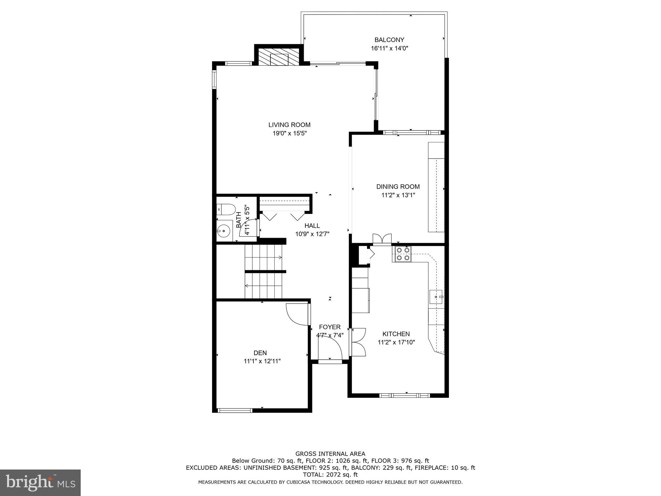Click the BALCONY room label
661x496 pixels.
tap(389, 40)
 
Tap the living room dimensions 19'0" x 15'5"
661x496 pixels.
tap(289, 133)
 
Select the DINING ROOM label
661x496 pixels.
tap(398, 187)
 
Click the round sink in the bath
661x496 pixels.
tap(223, 231)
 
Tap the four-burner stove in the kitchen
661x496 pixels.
tap(402, 254)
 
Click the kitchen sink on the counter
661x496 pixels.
tap(436, 297)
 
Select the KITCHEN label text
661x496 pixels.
tap(396, 334)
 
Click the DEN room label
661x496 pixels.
tap(260, 353)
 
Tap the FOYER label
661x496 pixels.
tap(330, 327)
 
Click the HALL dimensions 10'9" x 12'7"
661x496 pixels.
tap(312, 234)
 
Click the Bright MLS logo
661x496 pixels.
tap(40, 482)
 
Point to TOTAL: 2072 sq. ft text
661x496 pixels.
tap(330, 475)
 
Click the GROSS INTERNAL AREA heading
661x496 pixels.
tap(330, 454)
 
